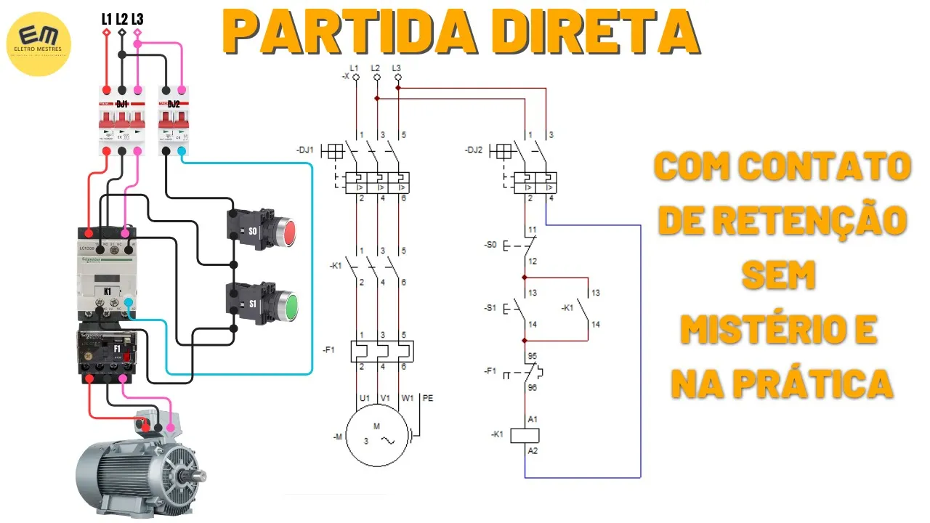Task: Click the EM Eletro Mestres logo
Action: tap(38, 43)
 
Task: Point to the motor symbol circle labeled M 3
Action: tap(376, 437)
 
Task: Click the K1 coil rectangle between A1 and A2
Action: tap(525, 435)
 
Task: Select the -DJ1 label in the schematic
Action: tap(306, 150)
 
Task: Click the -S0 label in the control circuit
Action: tap(490, 246)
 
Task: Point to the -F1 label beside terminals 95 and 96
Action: tap(490, 371)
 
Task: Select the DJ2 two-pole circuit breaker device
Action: tap(174, 120)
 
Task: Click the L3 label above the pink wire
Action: tap(137, 19)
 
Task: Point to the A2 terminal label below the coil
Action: tap(533, 452)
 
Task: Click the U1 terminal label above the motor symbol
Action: tap(365, 398)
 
